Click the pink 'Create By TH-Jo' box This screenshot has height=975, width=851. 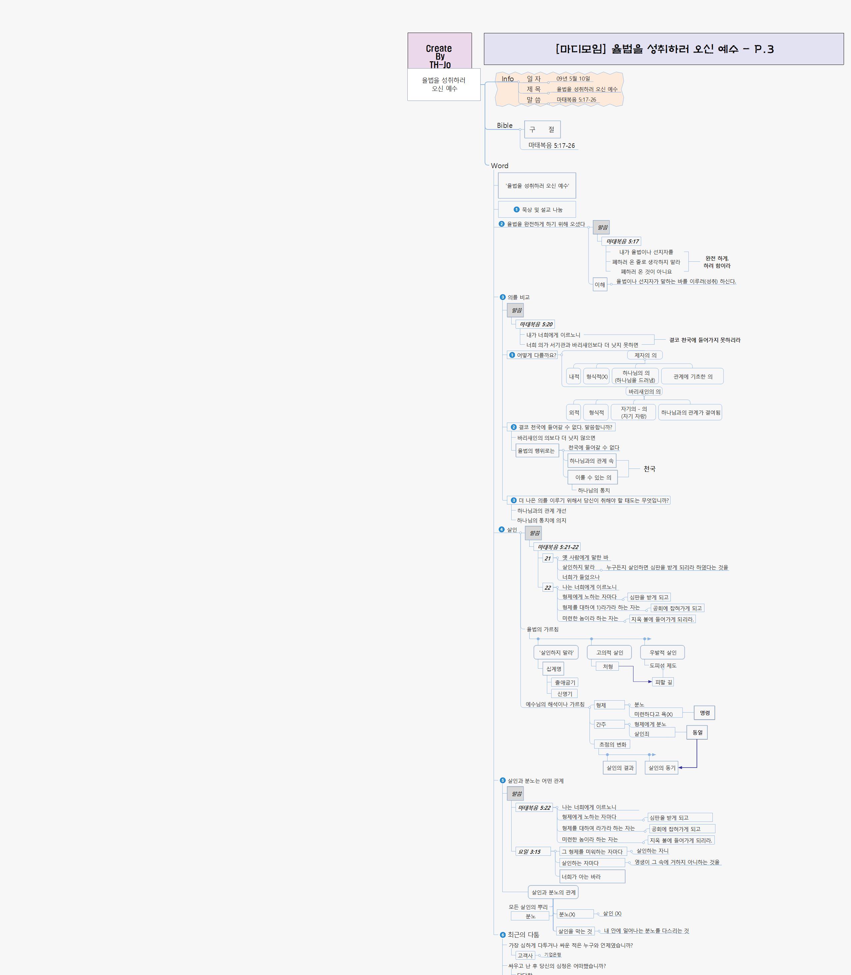tap(439, 51)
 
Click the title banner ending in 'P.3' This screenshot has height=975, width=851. tap(663, 49)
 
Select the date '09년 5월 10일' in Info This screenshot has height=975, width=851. tap(573, 79)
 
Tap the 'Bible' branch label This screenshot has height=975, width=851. tap(504, 125)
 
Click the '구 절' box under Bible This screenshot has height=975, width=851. tap(542, 129)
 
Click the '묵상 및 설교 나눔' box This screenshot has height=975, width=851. tap(537, 209)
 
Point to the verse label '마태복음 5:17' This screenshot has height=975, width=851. tap(622, 241)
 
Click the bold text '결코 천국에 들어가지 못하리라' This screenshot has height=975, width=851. tap(704, 340)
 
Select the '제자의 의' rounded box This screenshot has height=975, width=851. tap(645, 355)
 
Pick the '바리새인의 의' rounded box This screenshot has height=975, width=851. tap(644, 392)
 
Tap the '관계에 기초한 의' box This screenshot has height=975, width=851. tap(692, 376)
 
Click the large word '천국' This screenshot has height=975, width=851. tap(649, 469)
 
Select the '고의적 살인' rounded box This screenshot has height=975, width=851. tap(609, 653)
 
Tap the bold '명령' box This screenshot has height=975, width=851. tap(704, 713)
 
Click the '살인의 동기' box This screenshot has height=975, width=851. tap(661, 768)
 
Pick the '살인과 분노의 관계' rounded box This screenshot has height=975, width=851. tap(553, 892)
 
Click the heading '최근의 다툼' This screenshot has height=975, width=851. tap(523, 935)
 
